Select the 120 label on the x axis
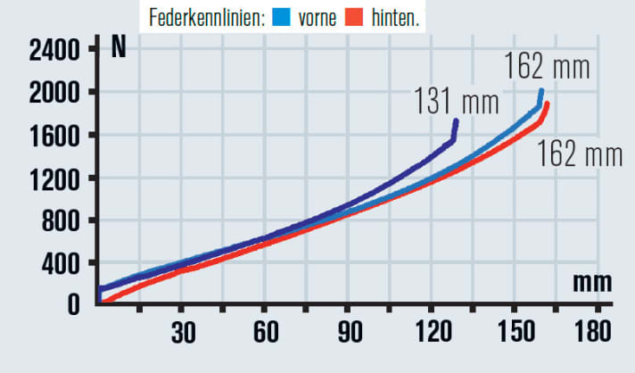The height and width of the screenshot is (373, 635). click(432, 332)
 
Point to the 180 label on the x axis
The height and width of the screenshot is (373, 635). click(592, 332)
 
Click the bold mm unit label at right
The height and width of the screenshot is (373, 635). click(591, 283)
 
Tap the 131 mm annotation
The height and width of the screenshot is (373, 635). click(455, 101)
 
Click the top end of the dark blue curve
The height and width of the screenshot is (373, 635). click(457, 120)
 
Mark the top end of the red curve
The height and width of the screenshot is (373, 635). click(547, 104)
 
